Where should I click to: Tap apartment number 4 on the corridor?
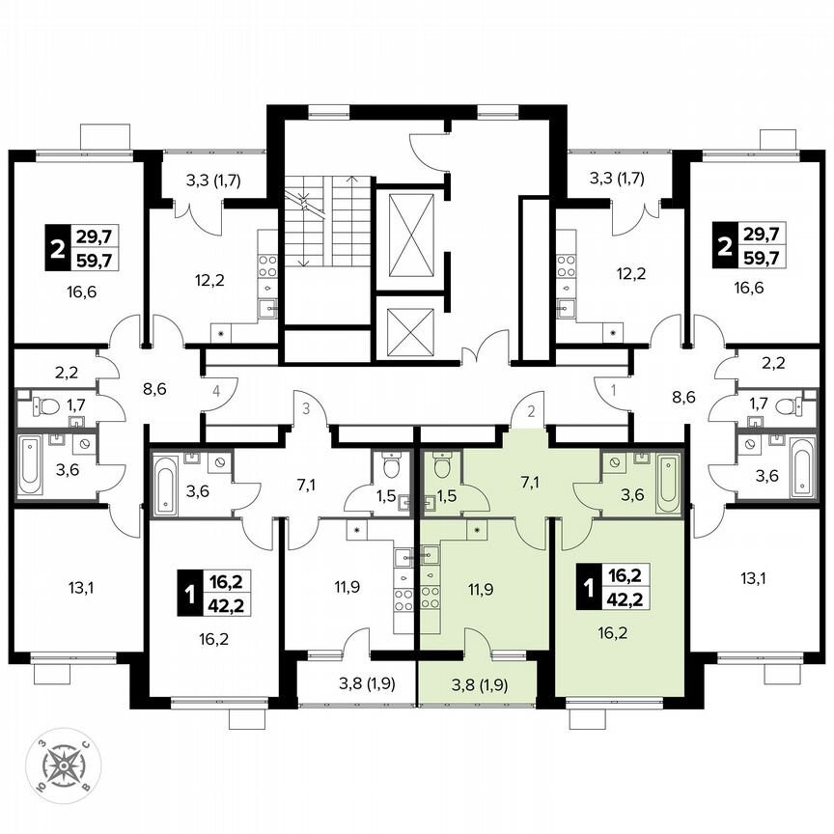[x=218, y=392]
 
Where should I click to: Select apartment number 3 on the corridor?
[x=305, y=409]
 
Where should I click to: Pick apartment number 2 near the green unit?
[x=529, y=409]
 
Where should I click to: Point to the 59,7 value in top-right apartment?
[x=763, y=257]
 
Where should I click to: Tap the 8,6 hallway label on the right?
[x=685, y=395]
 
